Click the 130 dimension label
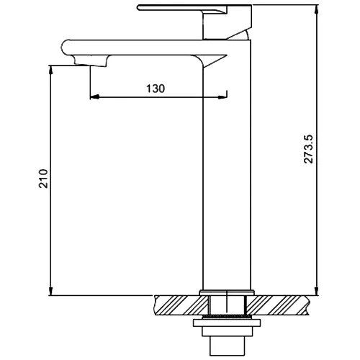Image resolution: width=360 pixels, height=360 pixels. click(x=156, y=89)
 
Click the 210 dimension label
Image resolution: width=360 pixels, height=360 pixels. click(x=44, y=179)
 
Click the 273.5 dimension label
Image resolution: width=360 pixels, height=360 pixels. click(x=309, y=149)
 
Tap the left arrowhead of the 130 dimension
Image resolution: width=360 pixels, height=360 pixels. click(x=94, y=97)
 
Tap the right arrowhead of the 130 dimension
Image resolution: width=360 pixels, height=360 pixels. click(x=222, y=97)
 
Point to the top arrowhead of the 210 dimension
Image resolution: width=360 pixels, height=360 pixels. click(x=50, y=70)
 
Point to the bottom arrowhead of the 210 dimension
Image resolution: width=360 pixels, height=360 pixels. click(x=50, y=291)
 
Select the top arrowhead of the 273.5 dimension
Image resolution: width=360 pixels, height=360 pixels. click(x=317, y=9)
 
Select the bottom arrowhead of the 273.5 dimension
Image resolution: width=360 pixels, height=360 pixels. click(x=317, y=291)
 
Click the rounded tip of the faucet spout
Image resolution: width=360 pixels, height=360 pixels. click(x=63, y=48)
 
